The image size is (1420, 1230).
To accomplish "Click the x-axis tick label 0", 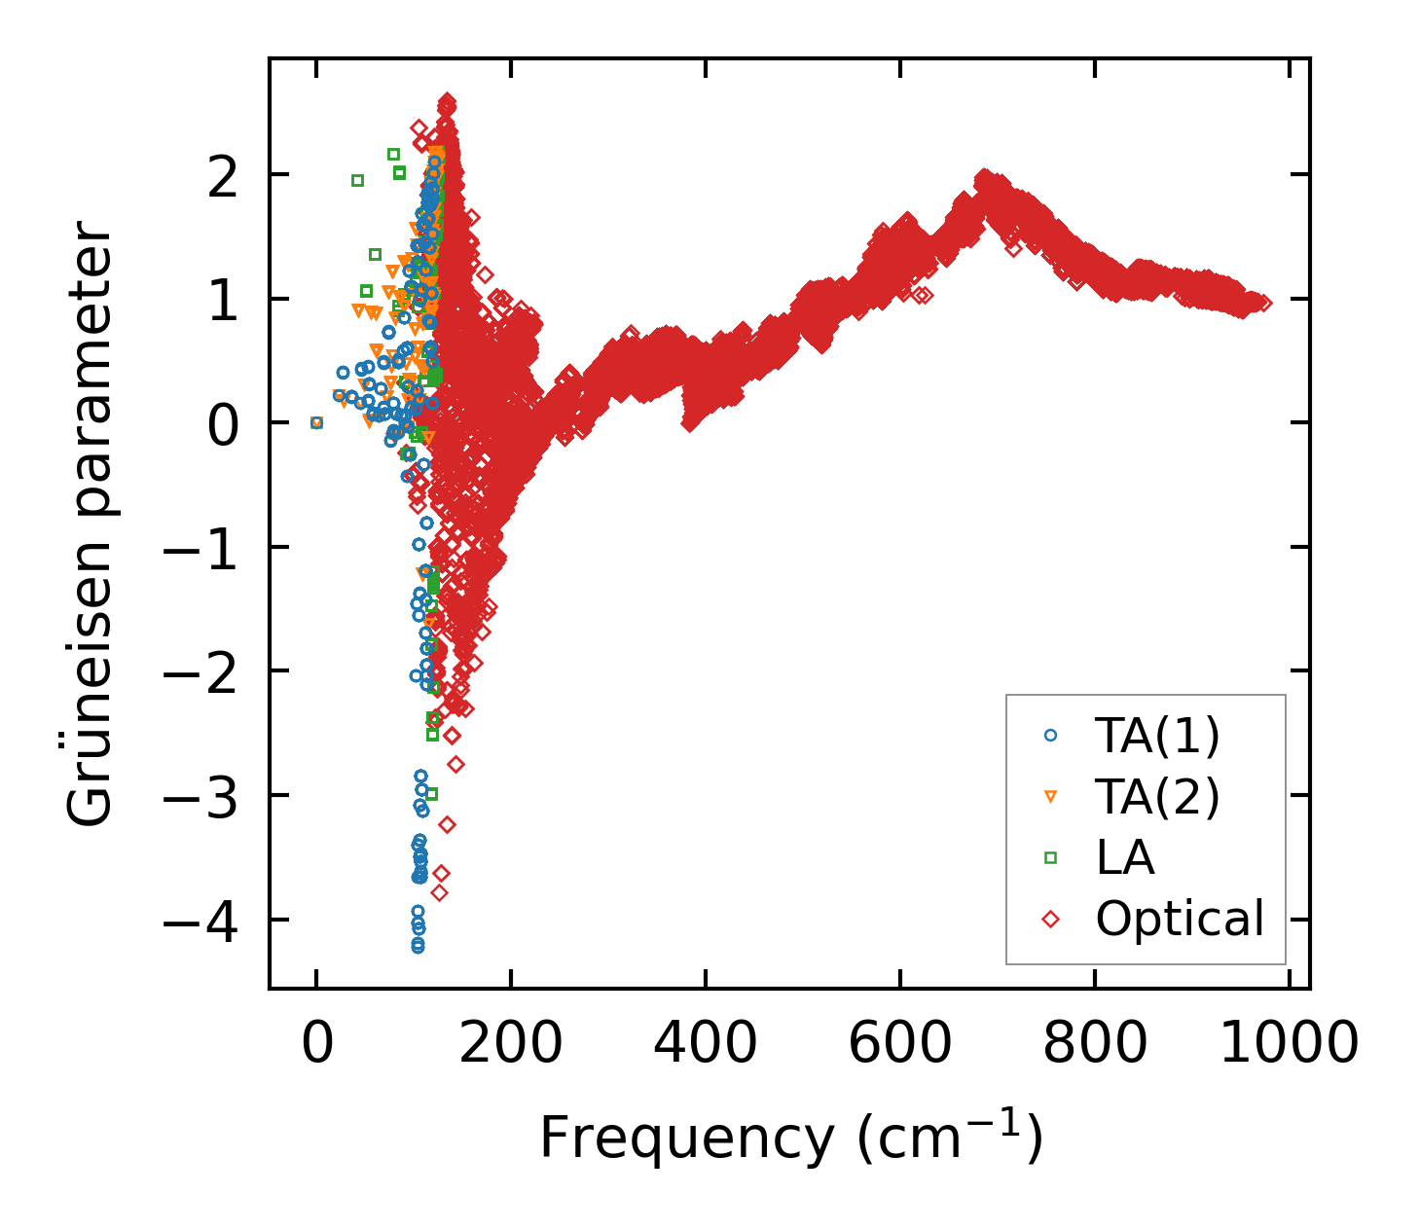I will tap(316, 1045).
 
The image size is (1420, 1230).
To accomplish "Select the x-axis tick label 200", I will tap(511, 1045).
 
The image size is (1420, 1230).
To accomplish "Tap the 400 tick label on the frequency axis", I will tap(706, 1045).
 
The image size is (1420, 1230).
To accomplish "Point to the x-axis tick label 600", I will tap(900, 1045).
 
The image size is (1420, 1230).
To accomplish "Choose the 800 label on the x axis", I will tap(1095, 1045).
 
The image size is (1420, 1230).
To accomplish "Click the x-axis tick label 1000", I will tap(1289, 1045).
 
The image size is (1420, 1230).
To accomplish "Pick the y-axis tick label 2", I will tap(223, 176).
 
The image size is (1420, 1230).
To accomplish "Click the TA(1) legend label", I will tap(1157, 737).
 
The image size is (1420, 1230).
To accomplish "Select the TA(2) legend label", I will tap(1157, 797).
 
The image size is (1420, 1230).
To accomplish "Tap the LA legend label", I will tap(1125, 858).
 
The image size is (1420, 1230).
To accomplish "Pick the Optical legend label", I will tap(1180, 919).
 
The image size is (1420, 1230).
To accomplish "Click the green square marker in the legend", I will tap(1050, 857).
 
